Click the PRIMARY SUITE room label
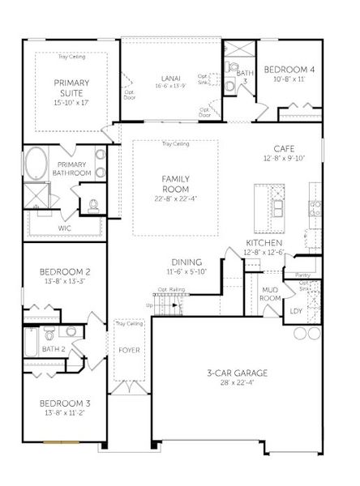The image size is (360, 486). pos(71,87)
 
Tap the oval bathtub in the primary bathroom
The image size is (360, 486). pos(36,164)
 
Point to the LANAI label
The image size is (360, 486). pos(170,78)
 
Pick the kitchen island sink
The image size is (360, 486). pos(277,208)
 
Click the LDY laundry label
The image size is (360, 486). pos(296,309)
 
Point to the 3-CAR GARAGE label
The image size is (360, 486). pos(236,373)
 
